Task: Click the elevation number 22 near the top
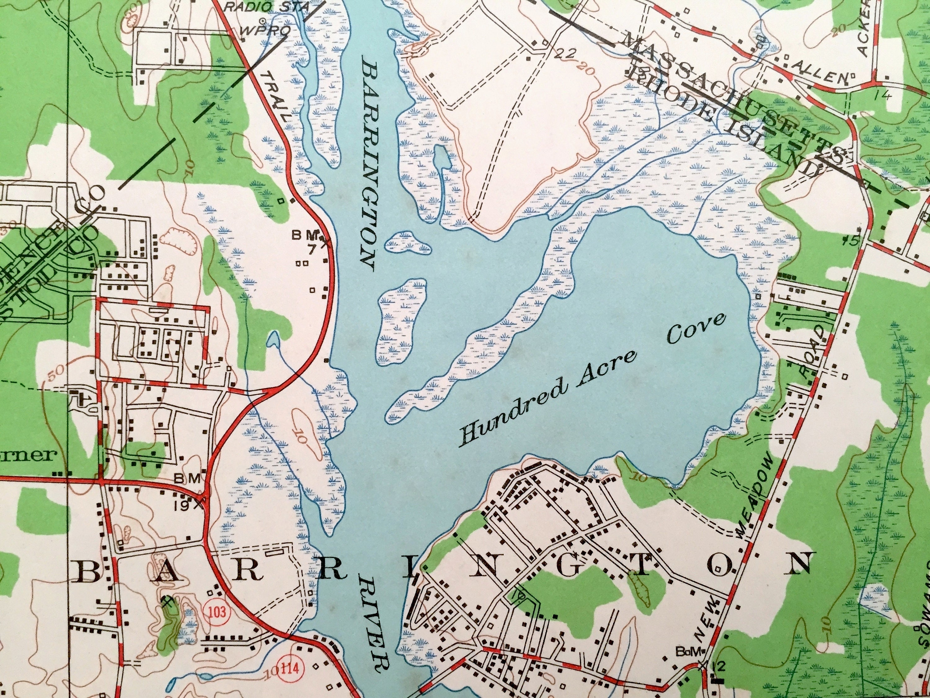point(564,53)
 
